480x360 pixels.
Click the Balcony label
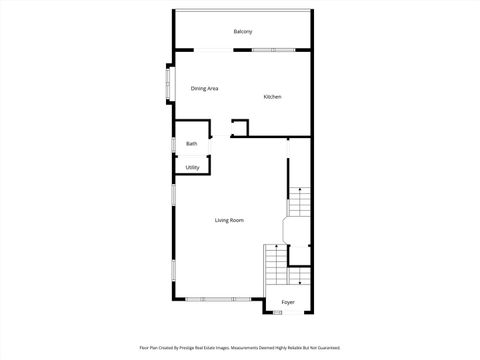point(243,32)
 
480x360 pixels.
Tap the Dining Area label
point(205,89)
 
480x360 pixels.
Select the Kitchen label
point(272,97)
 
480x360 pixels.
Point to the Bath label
point(192,144)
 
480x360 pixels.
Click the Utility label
point(192,167)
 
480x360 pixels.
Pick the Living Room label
point(229,220)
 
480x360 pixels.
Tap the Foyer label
point(288,301)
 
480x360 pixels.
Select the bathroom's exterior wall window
point(174,144)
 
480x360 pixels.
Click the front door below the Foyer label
point(277,313)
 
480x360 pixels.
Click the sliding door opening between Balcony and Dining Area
point(211,50)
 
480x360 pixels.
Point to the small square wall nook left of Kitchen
point(239,127)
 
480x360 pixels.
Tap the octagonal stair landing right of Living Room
point(298,230)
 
